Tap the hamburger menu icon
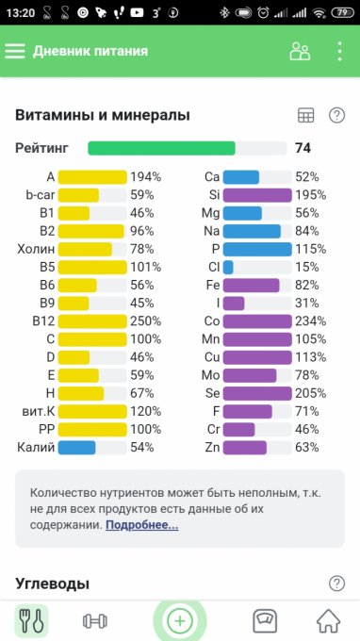[15, 52]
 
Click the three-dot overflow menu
[339, 52]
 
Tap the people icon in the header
[300, 52]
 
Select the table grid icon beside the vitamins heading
[305, 116]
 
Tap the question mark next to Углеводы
[336, 583]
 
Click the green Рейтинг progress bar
[161, 148]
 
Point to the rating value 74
[303, 148]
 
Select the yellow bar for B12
[92, 321]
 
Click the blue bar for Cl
[228, 268]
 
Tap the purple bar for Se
[257, 393]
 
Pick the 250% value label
[146, 321]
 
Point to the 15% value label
[307, 268]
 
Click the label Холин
[36, 250]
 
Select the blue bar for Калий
[77, 447]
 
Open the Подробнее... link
[141, 525]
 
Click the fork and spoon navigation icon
[31, 621]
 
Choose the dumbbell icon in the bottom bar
[95, 621]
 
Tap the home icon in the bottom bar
[329, 621]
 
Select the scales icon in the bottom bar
[265, 621]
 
